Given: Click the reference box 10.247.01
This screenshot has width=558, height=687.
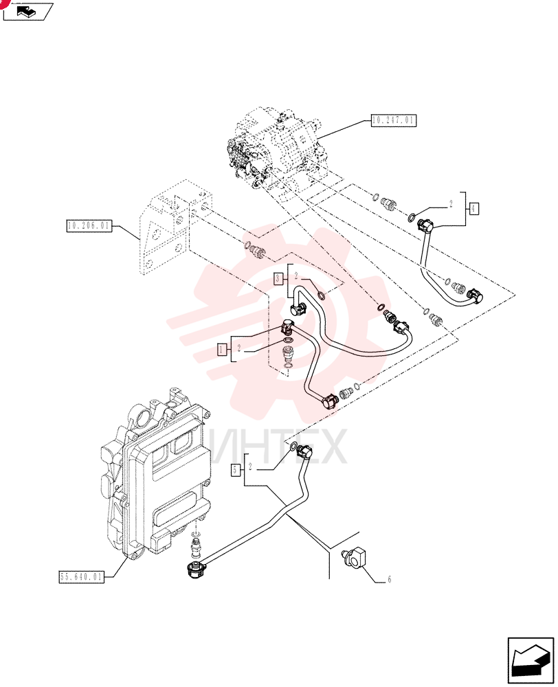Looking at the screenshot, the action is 394,120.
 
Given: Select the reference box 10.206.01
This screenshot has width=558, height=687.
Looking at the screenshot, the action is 89,226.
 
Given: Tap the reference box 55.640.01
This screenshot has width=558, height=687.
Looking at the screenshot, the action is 82,576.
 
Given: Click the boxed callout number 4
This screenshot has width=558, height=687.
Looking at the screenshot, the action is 473,209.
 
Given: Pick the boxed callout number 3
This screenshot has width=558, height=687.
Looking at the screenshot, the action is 278,278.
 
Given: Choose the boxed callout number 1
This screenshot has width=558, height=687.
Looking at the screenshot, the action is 222,349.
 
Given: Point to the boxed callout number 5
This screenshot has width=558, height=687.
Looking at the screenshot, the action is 236,470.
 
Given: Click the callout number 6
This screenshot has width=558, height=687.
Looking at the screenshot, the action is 389,580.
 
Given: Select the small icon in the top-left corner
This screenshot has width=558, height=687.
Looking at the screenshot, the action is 27,12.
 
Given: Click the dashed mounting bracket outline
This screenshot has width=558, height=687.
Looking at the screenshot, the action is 175,228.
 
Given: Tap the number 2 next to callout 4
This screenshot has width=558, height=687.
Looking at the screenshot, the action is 451,204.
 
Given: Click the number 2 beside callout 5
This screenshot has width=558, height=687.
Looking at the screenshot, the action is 250,466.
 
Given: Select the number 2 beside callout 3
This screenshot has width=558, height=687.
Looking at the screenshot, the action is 296,276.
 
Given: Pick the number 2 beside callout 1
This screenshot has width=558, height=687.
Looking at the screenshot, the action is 239,348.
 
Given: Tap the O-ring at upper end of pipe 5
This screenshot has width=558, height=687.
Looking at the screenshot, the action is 293,447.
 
